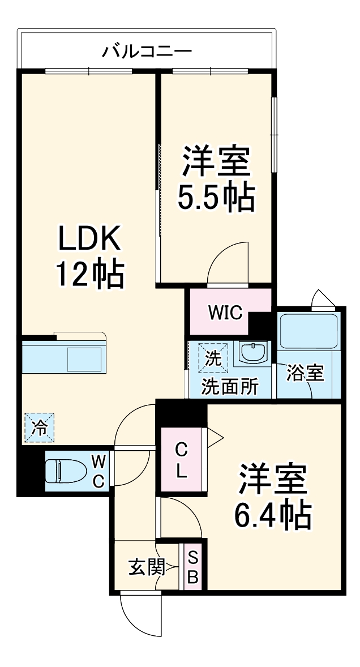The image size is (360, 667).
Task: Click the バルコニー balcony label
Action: pos(147,52)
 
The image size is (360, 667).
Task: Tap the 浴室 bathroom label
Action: pos(305,373)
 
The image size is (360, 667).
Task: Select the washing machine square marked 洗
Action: pos(213,358)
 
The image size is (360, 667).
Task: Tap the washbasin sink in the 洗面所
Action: pos(250,353)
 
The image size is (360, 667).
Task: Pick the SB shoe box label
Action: pos(192,567)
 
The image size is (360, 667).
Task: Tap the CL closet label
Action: pos(181,459)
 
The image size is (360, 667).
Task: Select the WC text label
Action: pos(98,471)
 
